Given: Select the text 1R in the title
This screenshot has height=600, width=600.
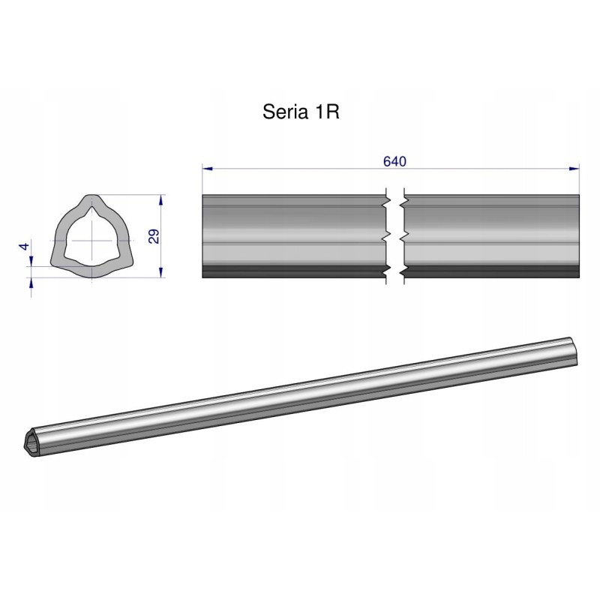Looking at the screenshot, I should coord(325,112).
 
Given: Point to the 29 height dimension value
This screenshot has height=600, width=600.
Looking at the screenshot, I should coord(154,237).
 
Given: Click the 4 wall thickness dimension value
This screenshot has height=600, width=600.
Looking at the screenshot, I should coord(24,247).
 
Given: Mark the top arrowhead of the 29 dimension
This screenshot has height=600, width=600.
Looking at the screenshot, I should coord(163,199).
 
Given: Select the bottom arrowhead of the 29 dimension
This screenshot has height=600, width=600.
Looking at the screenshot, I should coord(163,274).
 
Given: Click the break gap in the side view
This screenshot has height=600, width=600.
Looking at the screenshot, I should coord(394,236).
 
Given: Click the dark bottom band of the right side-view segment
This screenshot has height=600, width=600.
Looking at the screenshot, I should coord(491,271).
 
